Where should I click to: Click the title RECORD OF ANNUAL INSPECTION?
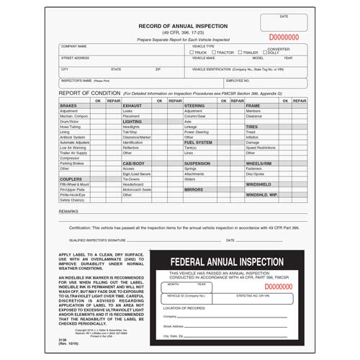click(183, 25)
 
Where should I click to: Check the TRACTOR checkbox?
click(214, 53)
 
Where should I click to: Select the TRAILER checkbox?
click(239, 53)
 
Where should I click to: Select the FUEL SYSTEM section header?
click(199, 143)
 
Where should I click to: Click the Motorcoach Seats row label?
click(137, 189)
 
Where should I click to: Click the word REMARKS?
click(69, 212)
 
